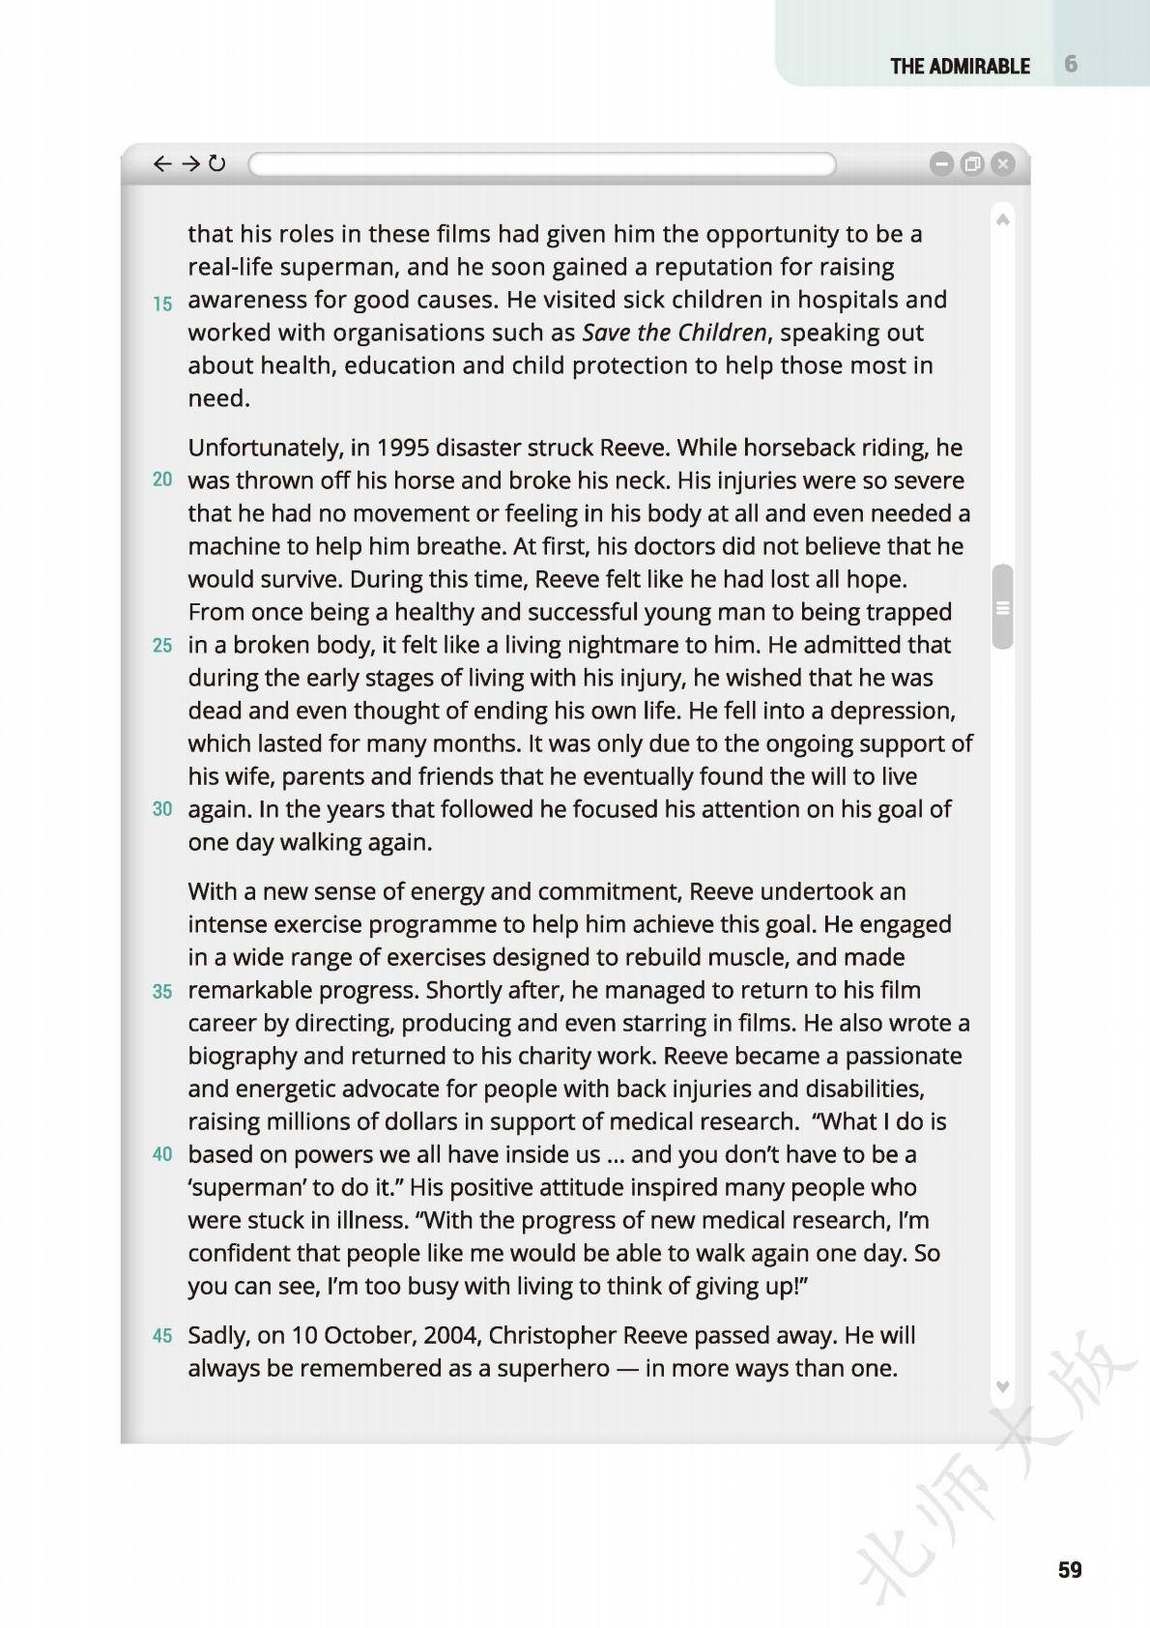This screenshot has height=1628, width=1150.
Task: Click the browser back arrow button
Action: (x=162, y=163)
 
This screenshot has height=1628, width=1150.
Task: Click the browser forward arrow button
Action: (x=190, y=163)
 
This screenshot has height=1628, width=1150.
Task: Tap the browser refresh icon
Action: (x=217, y=163)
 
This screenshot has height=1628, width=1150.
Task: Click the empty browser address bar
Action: (x=541, y=164)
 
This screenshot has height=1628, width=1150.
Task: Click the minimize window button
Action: (x=941, y=164)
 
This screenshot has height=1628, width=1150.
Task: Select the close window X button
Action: (x=1003, y=164)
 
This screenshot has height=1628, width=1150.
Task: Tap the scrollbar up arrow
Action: (x=1003, y=220)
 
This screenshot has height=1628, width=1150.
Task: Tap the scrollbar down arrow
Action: (x=1003, y=1387)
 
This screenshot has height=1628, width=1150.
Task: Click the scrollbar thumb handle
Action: (x=1002, y=607)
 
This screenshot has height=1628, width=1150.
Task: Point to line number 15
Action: (x=162, y=304)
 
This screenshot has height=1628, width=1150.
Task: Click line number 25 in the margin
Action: (x=162, y=646)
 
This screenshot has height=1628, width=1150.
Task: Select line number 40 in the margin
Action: (x=162, y=1154)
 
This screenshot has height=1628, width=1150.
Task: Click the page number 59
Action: (x=1070, y=1570)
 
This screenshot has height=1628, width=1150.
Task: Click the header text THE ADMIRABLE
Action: (x=960, y=67)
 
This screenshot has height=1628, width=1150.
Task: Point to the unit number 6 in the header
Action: (x=1071, y=64)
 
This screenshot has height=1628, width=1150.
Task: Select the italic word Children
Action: (x=721, y=333)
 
